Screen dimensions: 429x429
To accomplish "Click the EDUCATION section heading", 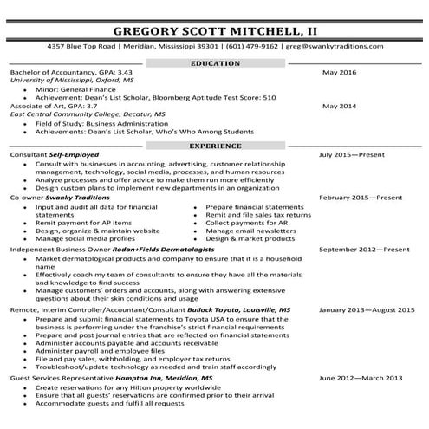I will [214, 64].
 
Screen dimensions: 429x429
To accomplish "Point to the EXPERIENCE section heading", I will [214, 146].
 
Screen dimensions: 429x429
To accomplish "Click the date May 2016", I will [338, 73].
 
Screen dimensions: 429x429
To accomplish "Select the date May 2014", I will [338, 106].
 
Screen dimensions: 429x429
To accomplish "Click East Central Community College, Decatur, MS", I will [74, 114].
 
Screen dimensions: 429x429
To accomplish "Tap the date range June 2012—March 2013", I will [360, 378].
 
